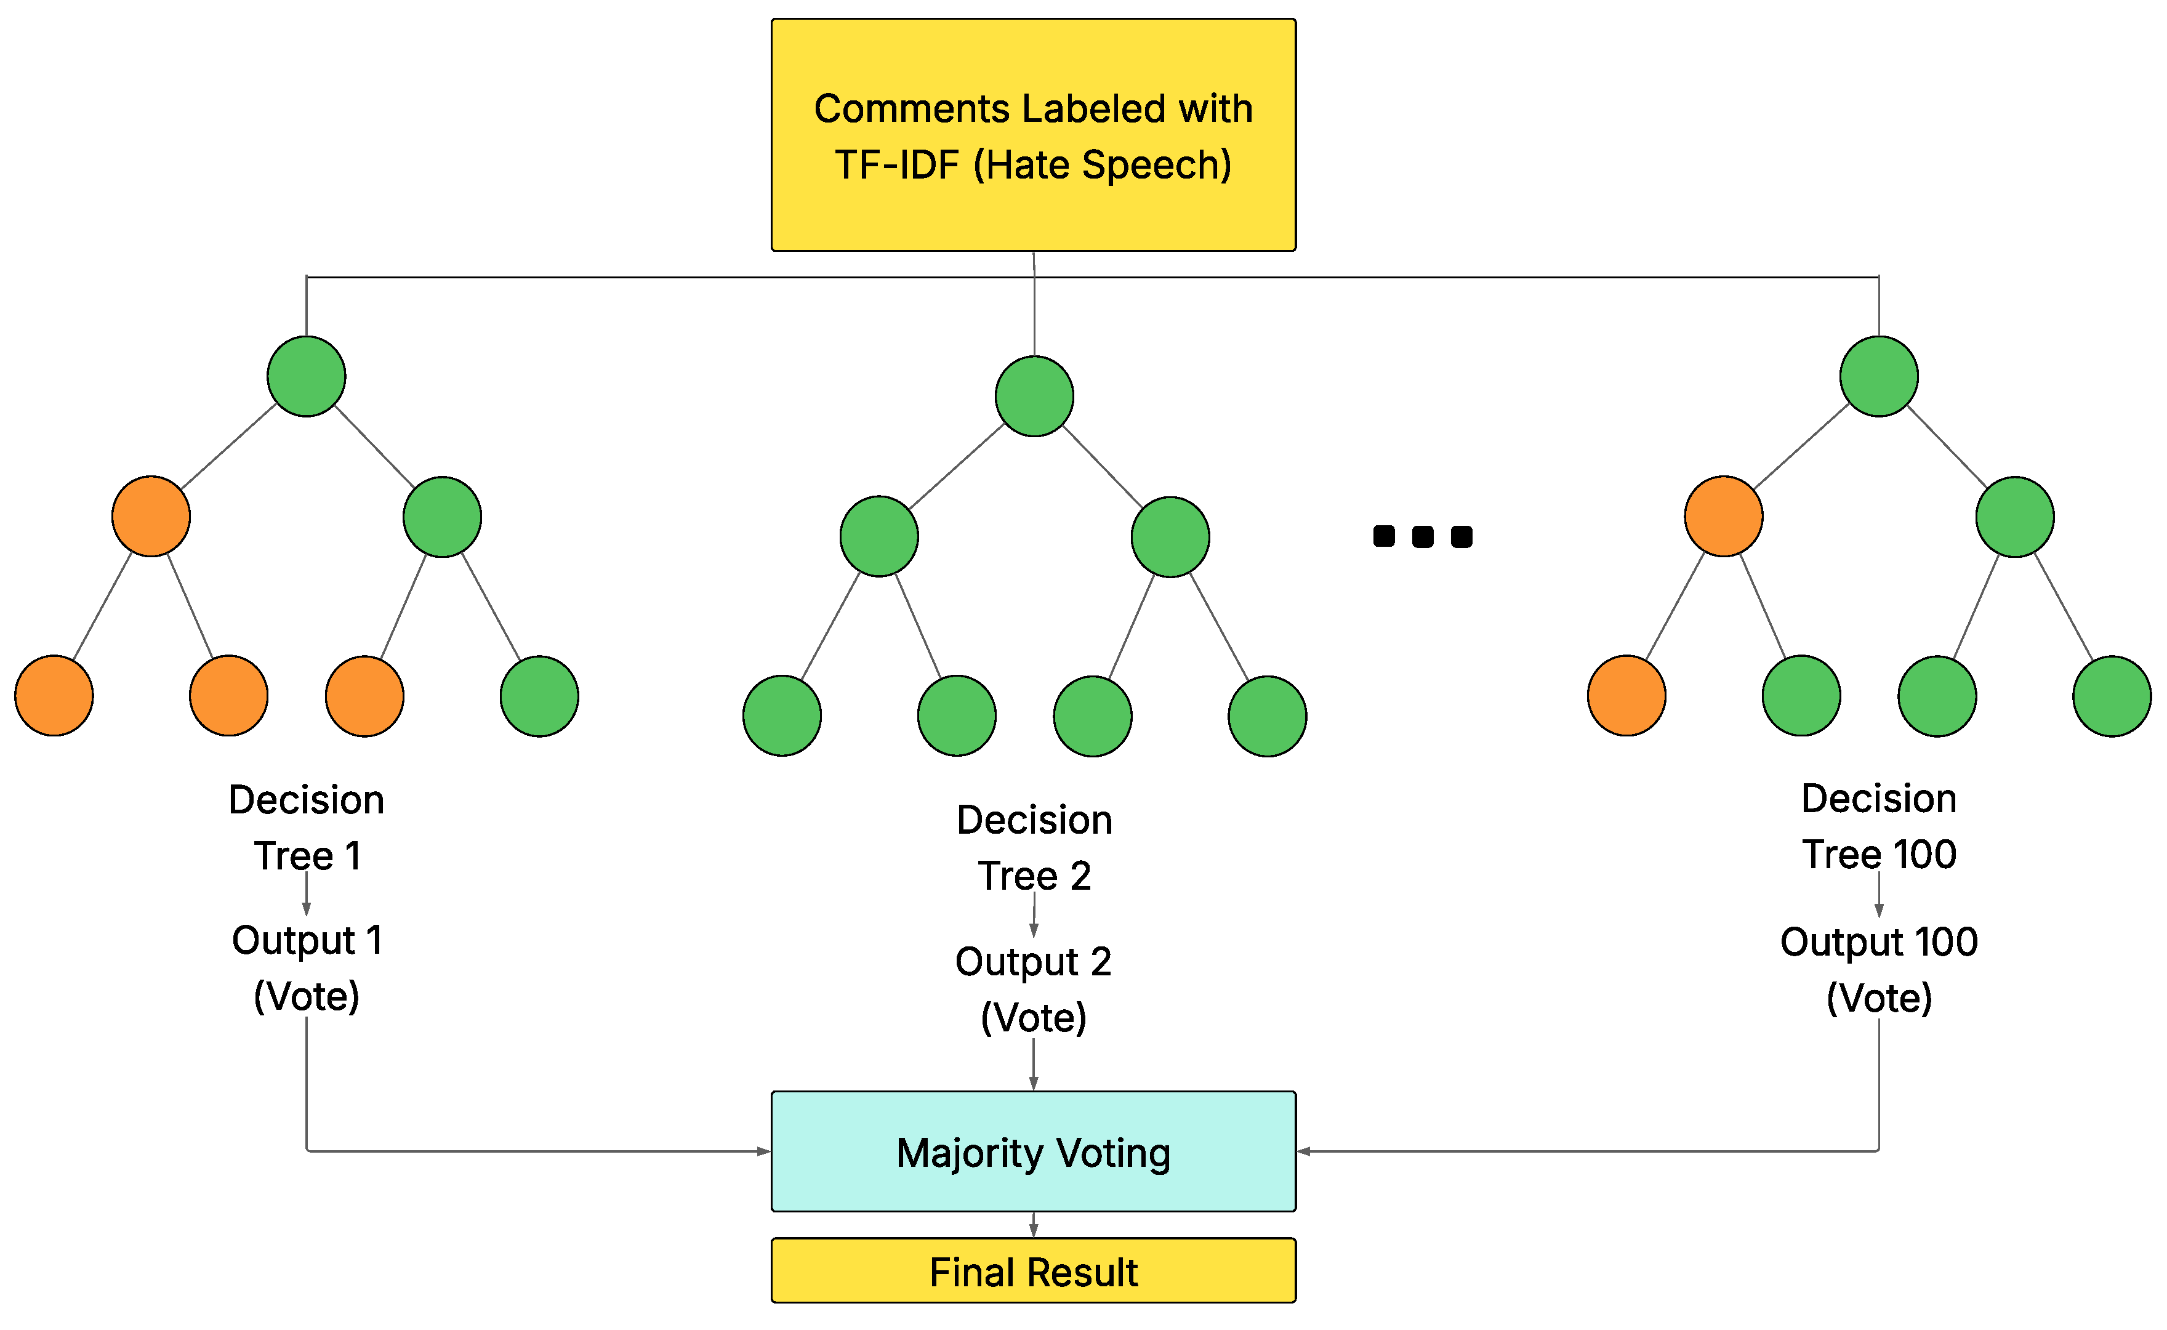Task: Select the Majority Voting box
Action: point(1034,1151)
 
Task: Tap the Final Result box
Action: point(1034,1271)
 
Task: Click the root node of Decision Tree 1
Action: point(306,376)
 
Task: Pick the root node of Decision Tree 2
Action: point(1034,396)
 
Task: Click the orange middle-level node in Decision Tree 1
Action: point(151,517)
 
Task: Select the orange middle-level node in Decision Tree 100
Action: point(1724,517)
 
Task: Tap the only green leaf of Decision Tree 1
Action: point(539,696)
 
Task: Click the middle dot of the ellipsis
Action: point(1423,536)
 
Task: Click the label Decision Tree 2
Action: point(1034,847)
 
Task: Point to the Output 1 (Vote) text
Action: point(306,967)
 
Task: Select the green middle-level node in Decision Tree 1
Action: point(443,517)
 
